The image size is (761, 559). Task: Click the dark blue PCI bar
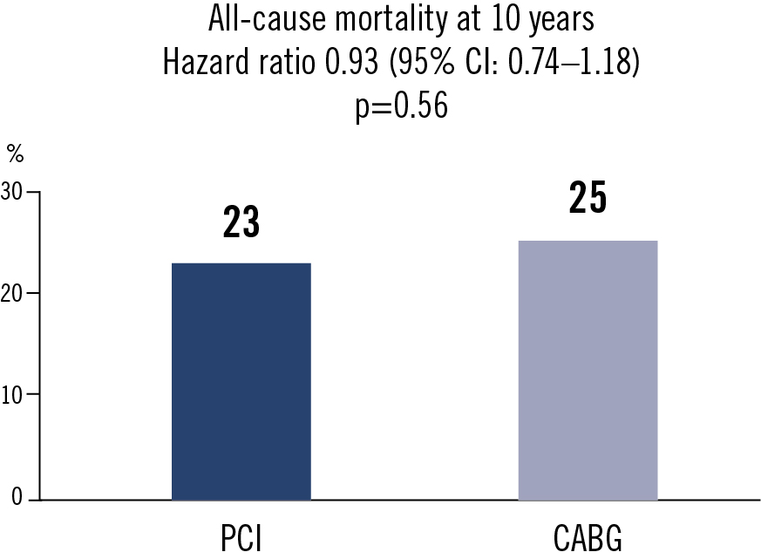coord(241,382)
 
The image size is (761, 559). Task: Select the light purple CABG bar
coord(588,371)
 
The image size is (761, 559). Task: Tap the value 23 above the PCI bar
coord(241,222)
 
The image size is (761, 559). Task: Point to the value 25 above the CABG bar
coord(588,198)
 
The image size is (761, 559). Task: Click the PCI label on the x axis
coord(241,537)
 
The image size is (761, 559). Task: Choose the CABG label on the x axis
coord(588,537)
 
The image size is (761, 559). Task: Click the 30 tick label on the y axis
coord(11,193)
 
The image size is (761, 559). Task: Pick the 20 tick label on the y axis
coord(11,293)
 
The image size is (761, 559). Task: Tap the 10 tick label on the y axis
coord(11,395)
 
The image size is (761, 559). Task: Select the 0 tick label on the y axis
coord(17,496)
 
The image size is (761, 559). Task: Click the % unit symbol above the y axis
coord(15,154)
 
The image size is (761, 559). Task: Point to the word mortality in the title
coord(392,20)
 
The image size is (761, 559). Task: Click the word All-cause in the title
coord(267,19)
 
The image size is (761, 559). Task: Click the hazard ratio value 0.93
coord(351,62)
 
